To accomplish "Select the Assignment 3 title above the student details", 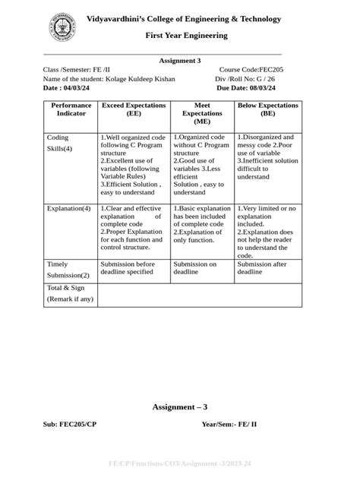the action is [180, 61].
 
